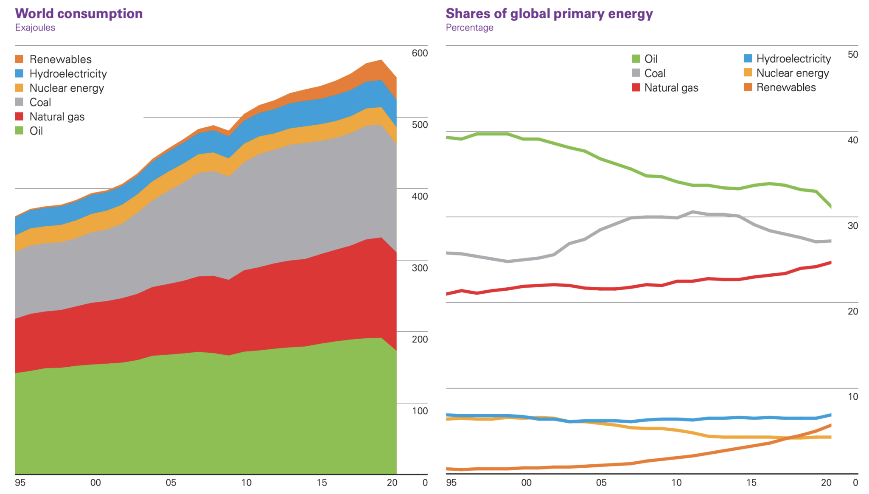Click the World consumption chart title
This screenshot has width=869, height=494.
click(79, 14)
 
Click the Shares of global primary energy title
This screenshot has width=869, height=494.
click(549, 14)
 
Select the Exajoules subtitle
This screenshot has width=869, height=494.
click(35, 28)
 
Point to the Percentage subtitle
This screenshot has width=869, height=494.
click(469, 28)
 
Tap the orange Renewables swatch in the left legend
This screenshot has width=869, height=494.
click(20, 59)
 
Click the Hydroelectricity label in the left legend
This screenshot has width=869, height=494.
click(68, 74)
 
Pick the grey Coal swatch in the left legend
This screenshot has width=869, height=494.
click(20, 102)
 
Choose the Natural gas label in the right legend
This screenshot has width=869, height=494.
click(671, 88)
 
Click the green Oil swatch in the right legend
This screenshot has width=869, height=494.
click(636, 59)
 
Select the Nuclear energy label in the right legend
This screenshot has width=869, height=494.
click(792, 73)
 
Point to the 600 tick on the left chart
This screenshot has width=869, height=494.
click(420, 53)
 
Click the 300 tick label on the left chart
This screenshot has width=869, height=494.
click(420, 268)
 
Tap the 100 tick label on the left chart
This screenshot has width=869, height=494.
click(420, 411)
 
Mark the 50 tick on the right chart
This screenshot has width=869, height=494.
click(852, 54)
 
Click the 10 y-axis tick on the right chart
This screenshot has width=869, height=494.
click(852, 397)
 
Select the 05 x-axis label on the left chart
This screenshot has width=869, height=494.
click(171, 483)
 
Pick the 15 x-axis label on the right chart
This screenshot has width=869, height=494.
click(751, 483)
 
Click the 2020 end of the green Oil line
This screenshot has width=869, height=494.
click(830, 206)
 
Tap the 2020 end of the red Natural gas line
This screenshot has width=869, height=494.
click(830, 263)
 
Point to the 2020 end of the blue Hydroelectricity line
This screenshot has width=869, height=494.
click(830, 415)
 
